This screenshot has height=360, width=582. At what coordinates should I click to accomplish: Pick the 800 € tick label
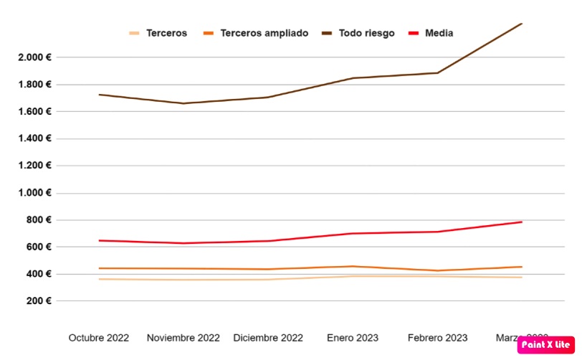click(x=36, y=220)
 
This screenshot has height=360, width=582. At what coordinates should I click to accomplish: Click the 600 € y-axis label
click(x=36, y=247)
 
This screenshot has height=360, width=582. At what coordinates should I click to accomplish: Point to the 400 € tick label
click(x=36, y=274)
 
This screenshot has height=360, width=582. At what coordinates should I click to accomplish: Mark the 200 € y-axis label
click(x=36, y=301)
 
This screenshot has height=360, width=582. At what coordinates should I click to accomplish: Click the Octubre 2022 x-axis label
click(x=99, y=338)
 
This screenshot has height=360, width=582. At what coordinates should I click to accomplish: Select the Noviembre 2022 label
click(x=183, y=338)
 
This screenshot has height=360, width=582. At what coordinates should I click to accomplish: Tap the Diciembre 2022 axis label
click(x=268, y=338)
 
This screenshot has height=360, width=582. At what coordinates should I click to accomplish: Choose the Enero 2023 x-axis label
click(x=353, y=338)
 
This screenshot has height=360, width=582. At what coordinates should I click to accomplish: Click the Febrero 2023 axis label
click(x=437, y=338)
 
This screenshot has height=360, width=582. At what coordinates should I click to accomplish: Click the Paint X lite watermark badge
click(x=545, y=344)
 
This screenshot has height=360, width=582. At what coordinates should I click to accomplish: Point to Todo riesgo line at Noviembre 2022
click(x=183, y=103)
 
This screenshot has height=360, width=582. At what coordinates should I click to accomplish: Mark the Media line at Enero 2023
click(x=353, y=233)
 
